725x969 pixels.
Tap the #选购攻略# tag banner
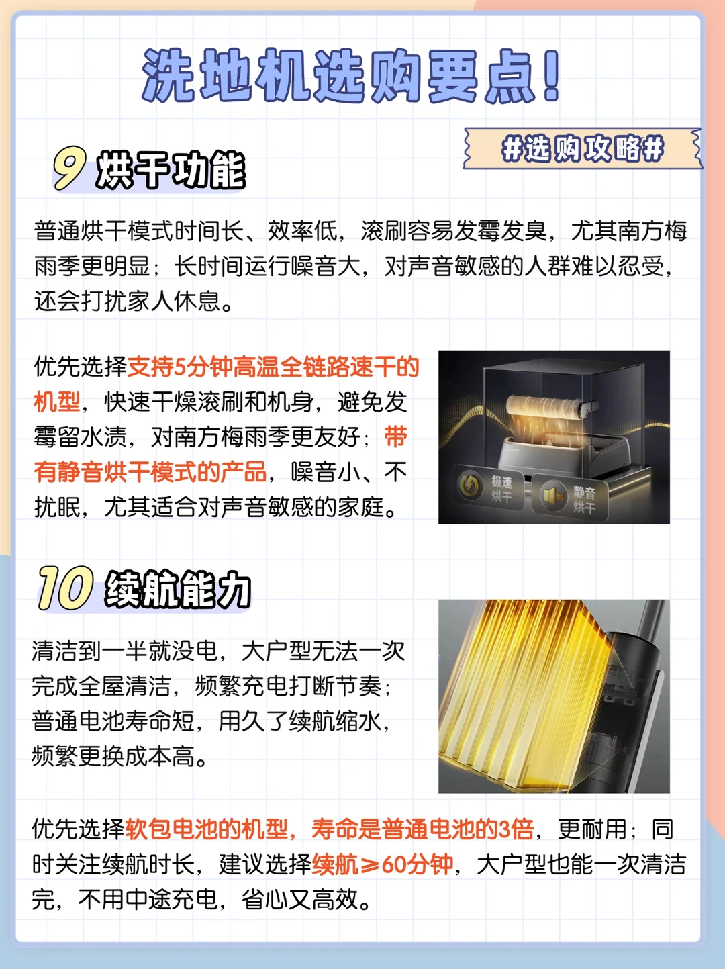click(x=583, y=148)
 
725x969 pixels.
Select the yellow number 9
click(x=69, y=169)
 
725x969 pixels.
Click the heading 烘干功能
click(x=171, y=170)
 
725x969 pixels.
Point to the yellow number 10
click(x=65, y=588)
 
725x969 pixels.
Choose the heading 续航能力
click(x=177, y=590)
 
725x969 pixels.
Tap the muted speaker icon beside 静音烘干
click(x=552, y=496)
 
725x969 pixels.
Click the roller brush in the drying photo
click(x=547, y=409)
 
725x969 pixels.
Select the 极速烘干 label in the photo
click(x=501, y=489)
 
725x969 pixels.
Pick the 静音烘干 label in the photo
click(x=584, y=500)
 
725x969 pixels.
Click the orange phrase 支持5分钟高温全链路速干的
click(x=273, y=367)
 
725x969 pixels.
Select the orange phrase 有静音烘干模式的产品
click(x=150, y=472)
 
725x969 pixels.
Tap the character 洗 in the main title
click(x=168, y=75)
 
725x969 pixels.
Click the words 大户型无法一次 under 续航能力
click(x=324, y=651)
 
